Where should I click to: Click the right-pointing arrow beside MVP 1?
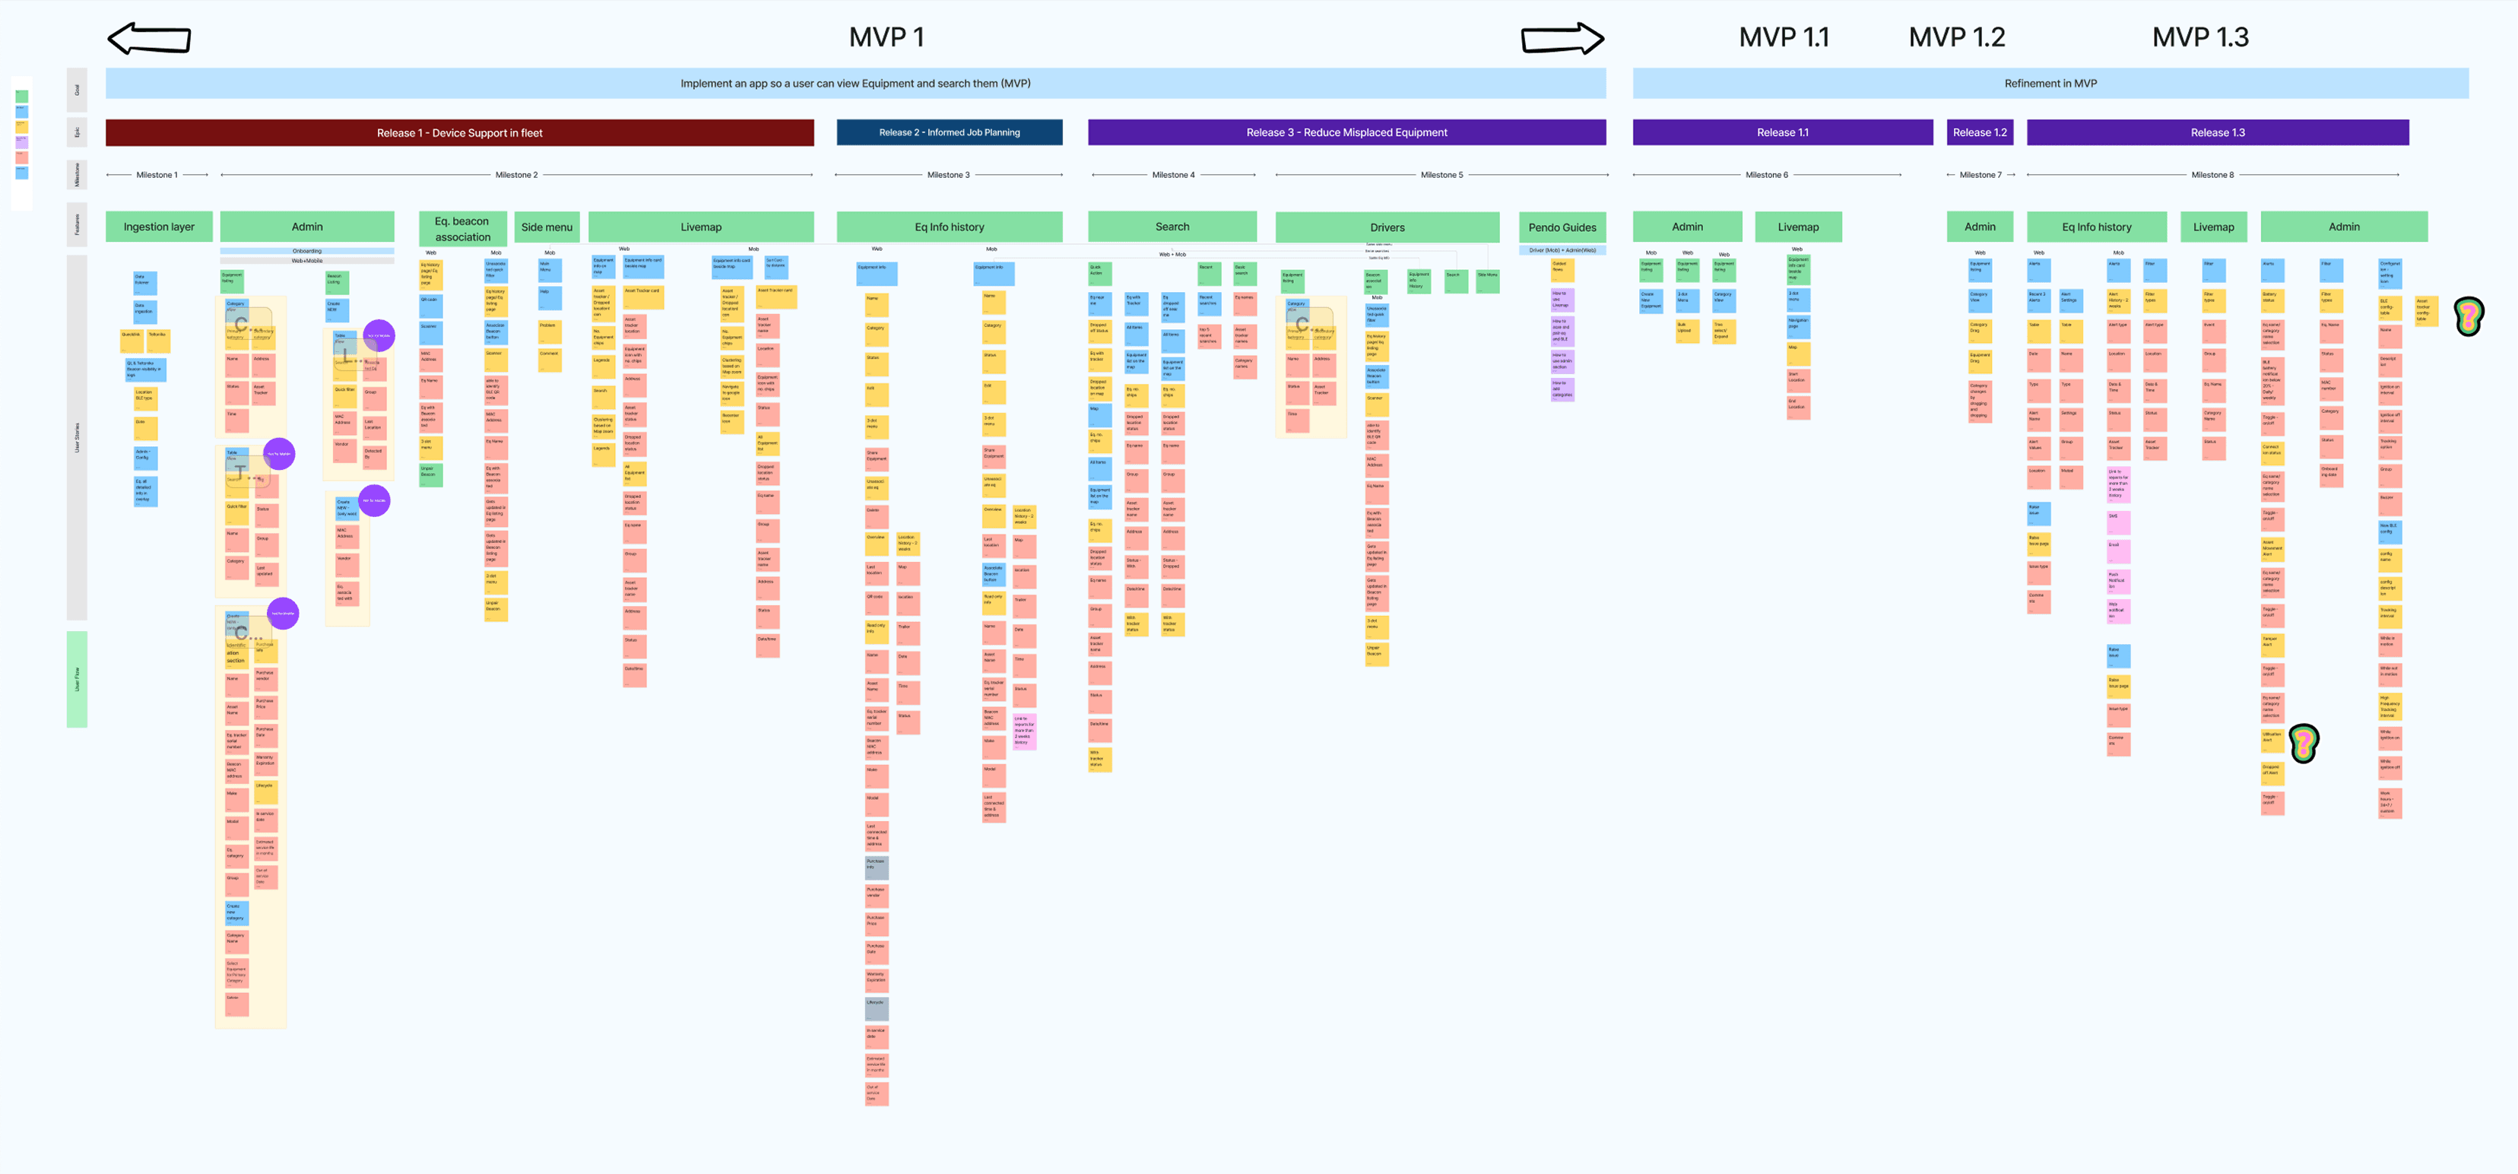1562,39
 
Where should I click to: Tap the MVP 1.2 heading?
1956,37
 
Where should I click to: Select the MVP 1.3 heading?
2199,37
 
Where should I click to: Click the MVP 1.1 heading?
1783,37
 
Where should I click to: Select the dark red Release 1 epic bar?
459,133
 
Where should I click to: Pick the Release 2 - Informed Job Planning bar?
949,133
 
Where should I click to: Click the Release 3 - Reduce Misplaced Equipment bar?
1346,133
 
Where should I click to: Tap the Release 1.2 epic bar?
1980,133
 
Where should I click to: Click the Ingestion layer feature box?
158,227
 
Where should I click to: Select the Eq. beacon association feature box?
462,229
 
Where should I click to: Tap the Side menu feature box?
547,227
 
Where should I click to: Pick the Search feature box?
1172,227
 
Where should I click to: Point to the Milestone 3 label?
948,175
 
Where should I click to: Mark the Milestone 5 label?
1441,175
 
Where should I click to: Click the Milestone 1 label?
157,175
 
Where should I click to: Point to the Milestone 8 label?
2211,175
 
